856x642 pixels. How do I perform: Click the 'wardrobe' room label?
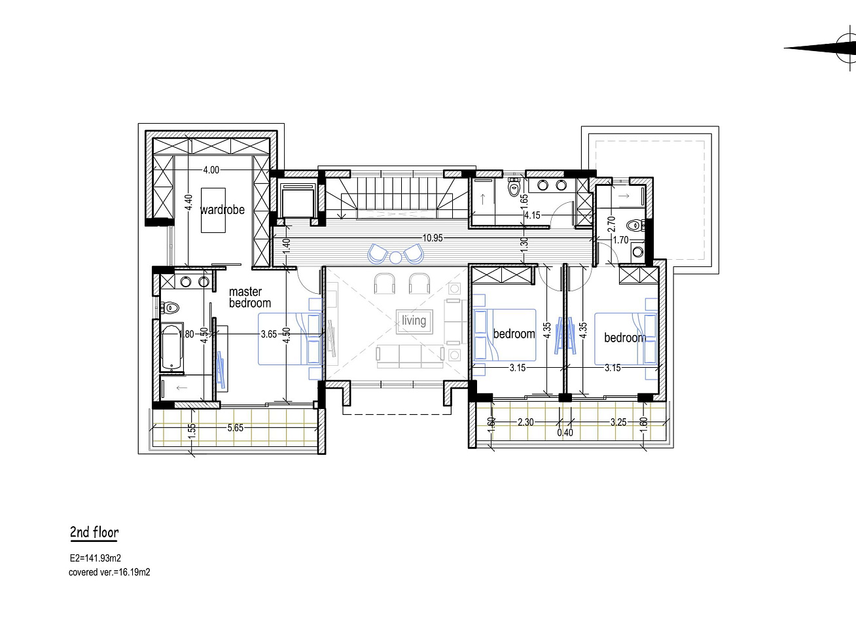223,209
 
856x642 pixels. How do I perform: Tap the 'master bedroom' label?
249,297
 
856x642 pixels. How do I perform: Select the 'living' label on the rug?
414,321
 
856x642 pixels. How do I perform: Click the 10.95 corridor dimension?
433,238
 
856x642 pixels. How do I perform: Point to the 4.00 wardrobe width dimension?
211,170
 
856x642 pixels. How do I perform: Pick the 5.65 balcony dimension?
235,427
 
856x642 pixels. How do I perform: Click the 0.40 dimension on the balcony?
565,433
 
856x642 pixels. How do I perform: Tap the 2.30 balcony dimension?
526,422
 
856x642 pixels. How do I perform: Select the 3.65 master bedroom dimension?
269,334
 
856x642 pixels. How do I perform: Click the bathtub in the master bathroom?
171,348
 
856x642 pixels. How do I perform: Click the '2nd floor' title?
94,532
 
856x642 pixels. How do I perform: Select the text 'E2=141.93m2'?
95,558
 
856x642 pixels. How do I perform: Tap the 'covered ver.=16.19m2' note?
109,572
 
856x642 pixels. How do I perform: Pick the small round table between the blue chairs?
395,258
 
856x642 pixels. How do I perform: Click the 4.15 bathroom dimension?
532,215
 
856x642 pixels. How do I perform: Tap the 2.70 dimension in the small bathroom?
611,224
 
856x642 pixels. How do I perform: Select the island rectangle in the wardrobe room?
213,210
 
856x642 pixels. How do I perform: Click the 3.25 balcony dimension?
618,422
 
